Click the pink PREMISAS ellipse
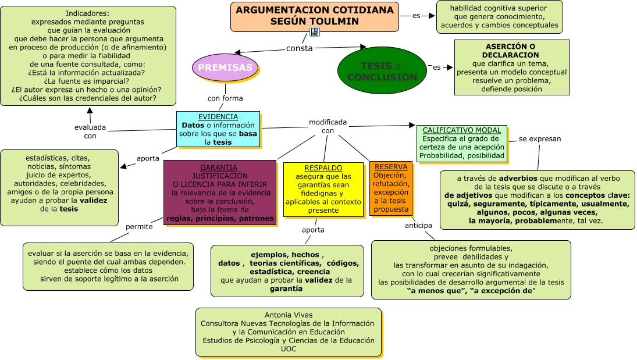(225, 67)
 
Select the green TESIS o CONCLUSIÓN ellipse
(382, 71)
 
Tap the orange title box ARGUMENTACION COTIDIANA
(314, 16)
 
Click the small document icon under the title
(315, 32)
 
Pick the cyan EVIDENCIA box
(218, 129)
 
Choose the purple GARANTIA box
(219, 193)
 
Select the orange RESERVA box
(390, 188)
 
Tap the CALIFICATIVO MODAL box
(462, 143)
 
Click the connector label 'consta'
(299, 48)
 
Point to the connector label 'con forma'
(225, 98)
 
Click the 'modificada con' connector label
(328, 126)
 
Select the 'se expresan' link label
(539, 139)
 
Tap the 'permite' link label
(139, 226)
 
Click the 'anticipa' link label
(418, 225)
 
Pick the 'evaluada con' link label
(90, 131)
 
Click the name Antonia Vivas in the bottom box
(288, 315)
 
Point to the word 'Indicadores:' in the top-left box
(87, 13)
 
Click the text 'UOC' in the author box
(288, 349)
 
